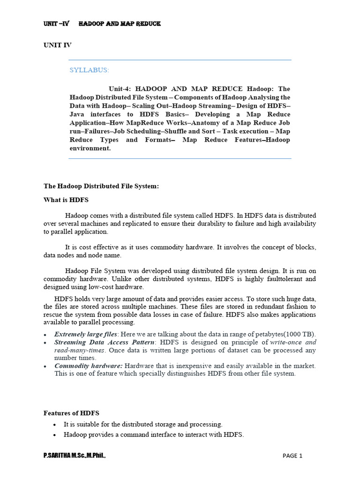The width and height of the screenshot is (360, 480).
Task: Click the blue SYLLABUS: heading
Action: click(x=89, y=70)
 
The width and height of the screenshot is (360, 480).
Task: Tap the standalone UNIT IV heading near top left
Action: click(x=58, y=45)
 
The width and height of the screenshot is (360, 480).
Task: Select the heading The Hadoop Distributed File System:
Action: click(x=101, y=187)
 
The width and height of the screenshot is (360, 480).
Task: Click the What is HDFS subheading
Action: click(x=62, y=200)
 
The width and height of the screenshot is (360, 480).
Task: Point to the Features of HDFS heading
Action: click(x=71, y=413)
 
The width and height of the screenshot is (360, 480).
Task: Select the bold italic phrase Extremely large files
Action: click(x=85, y=334)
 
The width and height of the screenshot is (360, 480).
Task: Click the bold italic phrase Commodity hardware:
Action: click(x=89, y=366)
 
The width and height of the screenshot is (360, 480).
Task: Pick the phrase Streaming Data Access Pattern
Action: click(x=103, y=343)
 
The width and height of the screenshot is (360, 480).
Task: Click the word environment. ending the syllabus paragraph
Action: click(x=90, y=148)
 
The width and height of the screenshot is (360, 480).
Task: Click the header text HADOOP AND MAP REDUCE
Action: click(x=119, y=23)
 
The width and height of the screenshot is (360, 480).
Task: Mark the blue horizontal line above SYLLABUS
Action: click(x=180, y=60)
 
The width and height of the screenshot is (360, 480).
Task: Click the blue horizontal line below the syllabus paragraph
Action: click(x=180, y=159)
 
